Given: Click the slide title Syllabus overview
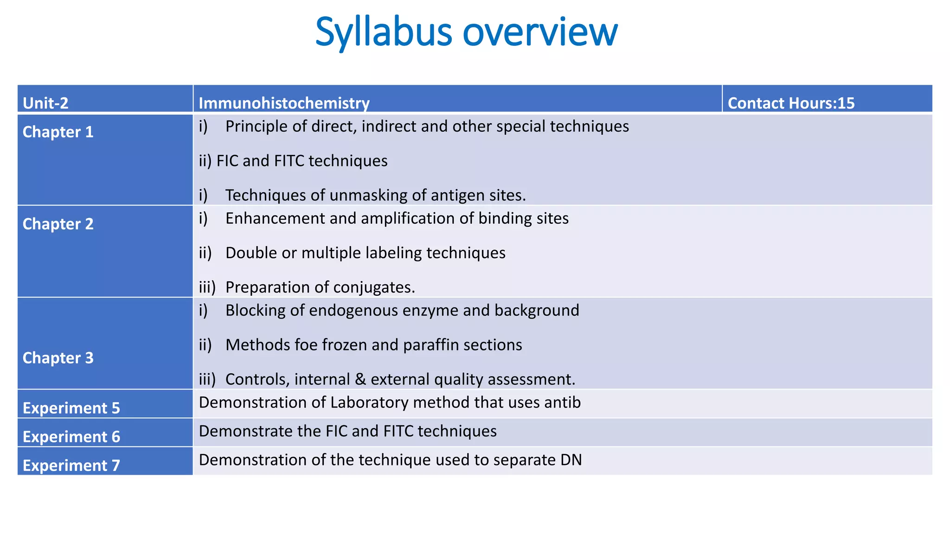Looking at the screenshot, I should [x=466, y=32].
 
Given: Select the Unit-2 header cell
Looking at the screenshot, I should [x=45, y=103].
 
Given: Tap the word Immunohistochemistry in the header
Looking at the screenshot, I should [x=284, y=103].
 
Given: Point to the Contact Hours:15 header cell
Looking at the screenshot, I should [x=791, y=103].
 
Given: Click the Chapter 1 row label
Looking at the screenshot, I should [x=58, y=132].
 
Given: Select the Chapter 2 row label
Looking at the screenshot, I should [x=58, y=224].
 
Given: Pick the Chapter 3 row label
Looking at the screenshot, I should [x=58, y=358].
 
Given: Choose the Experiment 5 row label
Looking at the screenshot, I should [x=71, y=408].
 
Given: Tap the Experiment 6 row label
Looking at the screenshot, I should [x=71, y=437].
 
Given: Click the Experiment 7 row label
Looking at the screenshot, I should [x=71, y=465].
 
